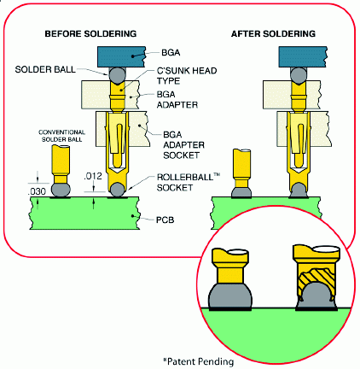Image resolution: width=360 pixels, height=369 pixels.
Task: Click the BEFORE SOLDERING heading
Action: [x=90, y=33]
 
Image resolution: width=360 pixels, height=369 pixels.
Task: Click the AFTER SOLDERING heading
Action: [x=273, y=33]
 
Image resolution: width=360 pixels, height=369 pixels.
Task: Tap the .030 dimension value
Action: [x=37, y=191]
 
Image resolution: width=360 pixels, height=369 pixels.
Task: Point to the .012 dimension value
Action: [x=93, y=176]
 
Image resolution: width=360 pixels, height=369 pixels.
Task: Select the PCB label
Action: [x=165, y=220]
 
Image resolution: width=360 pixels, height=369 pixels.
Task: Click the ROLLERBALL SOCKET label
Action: [x=189, y=182]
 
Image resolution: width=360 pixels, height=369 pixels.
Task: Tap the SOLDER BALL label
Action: [x=45, y=69]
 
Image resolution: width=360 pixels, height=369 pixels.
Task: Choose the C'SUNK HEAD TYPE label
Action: [x=187, y=76]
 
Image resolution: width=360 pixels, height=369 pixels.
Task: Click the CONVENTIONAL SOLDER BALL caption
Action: [x=61, y=136]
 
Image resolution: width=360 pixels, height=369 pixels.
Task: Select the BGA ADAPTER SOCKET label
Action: [x=183, y=145]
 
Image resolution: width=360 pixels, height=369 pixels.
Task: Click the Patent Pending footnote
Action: [x=199, y=361]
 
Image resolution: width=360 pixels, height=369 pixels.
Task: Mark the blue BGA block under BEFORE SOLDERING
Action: [x=121, y=56]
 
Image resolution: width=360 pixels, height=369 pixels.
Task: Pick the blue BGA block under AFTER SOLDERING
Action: [x=303, y=56]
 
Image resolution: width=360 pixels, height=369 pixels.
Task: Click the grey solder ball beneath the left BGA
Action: [x=117, y=75]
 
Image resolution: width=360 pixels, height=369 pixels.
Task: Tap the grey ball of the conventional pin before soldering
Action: [x=61, y=190]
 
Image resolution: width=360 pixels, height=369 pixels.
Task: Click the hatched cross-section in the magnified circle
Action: [x=315, y=280]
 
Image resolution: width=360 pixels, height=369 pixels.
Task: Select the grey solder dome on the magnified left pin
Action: [x=230, y=296]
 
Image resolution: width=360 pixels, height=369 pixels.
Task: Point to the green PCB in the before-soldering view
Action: [x=84, y=213]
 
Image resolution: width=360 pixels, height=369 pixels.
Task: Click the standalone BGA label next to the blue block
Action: [x=171, y=53]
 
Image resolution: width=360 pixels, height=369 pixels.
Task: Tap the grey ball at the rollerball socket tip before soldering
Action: [x=117, y=190]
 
